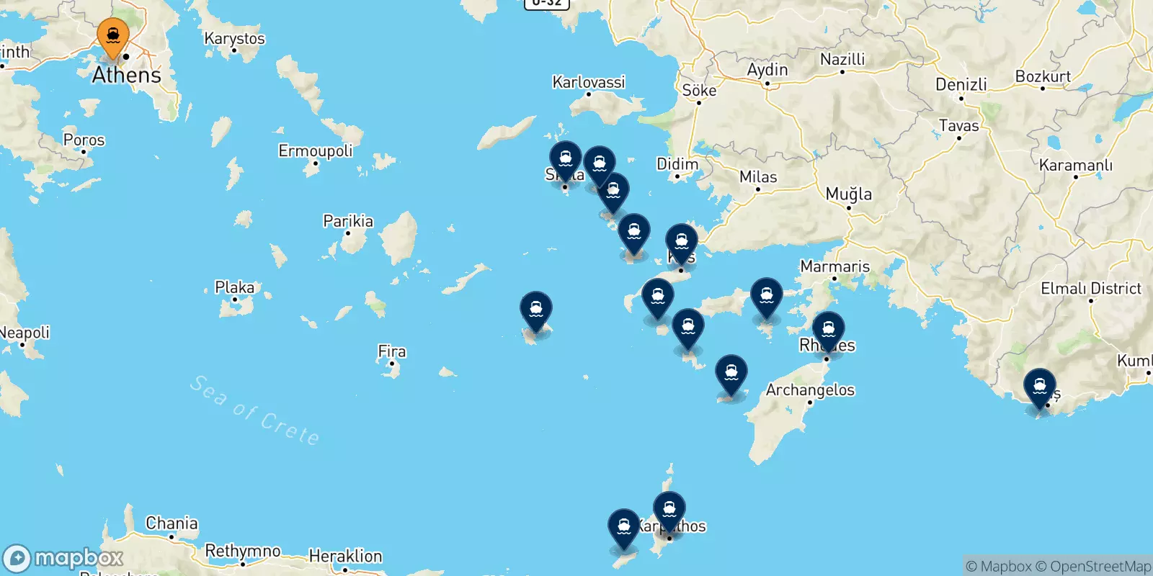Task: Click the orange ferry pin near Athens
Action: [113, 36]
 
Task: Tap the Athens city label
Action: [127, 75]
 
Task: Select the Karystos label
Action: [234, 38]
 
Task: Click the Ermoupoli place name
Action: [316, 150]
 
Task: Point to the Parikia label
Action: [348, 221]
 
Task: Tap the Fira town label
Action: [392, 351]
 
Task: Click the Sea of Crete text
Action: [254, 410]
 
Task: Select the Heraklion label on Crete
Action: [345, 556]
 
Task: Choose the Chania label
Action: [172, 523]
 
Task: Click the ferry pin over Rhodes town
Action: [829, 330]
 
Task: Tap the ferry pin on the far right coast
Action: [1040, 387]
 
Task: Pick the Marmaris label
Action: [835, 266]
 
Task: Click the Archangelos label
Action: [810, 390]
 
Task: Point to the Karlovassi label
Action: [589, 82]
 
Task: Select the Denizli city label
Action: [961, 84]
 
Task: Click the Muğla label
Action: [849, 194]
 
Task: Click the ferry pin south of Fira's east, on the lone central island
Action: [536, 310]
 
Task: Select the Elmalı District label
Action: [1091, 289]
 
